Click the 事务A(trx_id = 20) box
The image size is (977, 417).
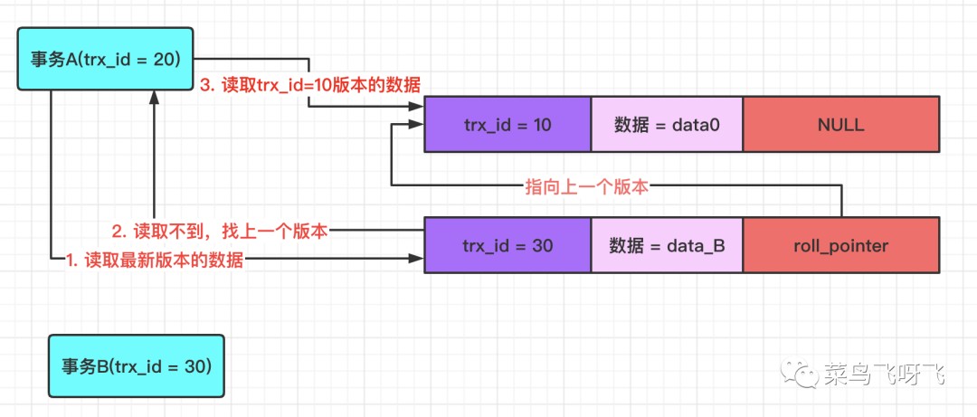pos(107,60)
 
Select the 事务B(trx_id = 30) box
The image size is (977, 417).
pos(136,366)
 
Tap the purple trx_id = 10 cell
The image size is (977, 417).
pos(507,125)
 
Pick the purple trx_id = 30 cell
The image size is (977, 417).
pos(507,245)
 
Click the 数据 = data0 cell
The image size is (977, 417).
pos(667,125)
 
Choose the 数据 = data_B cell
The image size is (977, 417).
pos(667,245)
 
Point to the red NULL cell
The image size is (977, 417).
pos(840,125)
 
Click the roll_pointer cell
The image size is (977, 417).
pos(840,245)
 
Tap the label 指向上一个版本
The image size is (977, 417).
pos(587,187)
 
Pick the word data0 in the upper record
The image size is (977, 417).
pos(697,125)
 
